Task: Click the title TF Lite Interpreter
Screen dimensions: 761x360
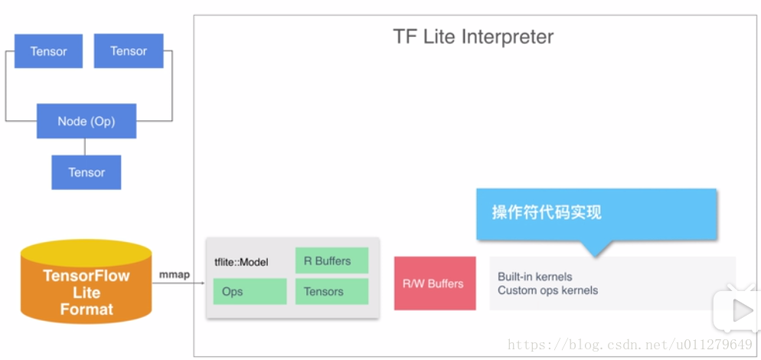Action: (472, 37)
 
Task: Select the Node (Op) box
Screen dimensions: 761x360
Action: (87, 121)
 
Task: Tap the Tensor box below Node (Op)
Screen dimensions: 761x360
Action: (87, 172)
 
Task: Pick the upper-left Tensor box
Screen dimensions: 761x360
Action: (48, 51)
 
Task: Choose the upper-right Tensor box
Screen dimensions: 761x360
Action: (129, 51)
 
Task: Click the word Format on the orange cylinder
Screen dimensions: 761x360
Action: (87, 309)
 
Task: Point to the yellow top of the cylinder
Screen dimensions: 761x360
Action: (87, 253)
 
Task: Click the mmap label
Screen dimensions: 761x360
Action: (175, 275)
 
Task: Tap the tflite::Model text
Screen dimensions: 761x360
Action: (241, 263)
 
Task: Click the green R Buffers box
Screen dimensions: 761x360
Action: (332, 261)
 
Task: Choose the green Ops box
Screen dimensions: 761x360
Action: (250, 292)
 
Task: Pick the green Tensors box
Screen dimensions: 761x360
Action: (332, 292)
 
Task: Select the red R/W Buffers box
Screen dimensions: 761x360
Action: (435, 283)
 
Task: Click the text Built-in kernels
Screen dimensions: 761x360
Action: (535, 277)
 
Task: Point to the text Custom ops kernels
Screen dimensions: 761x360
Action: (548, 290)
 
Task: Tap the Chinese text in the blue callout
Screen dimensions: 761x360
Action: (547, 212)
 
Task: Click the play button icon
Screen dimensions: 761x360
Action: (741, 311)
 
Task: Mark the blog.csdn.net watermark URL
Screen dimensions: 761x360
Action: (630, 345)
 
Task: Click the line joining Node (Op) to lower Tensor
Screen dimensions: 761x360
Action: (85, 147)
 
